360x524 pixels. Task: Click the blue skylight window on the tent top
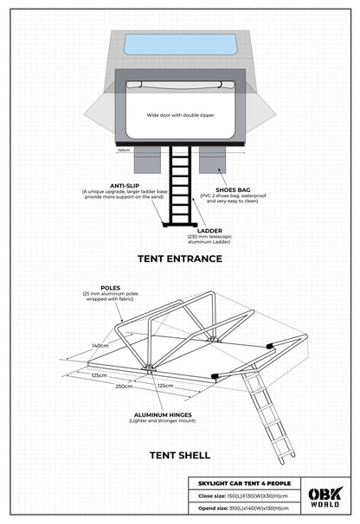(x=180, y=44)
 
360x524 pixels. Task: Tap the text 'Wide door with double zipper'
(x=180, y=114)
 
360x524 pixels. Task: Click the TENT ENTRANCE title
(x=180, y=258)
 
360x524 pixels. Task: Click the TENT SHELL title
(x=180, y=453)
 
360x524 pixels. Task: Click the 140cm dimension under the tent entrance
(x=124, y=150)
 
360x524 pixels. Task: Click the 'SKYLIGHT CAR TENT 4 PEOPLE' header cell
(x=243, y=482)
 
